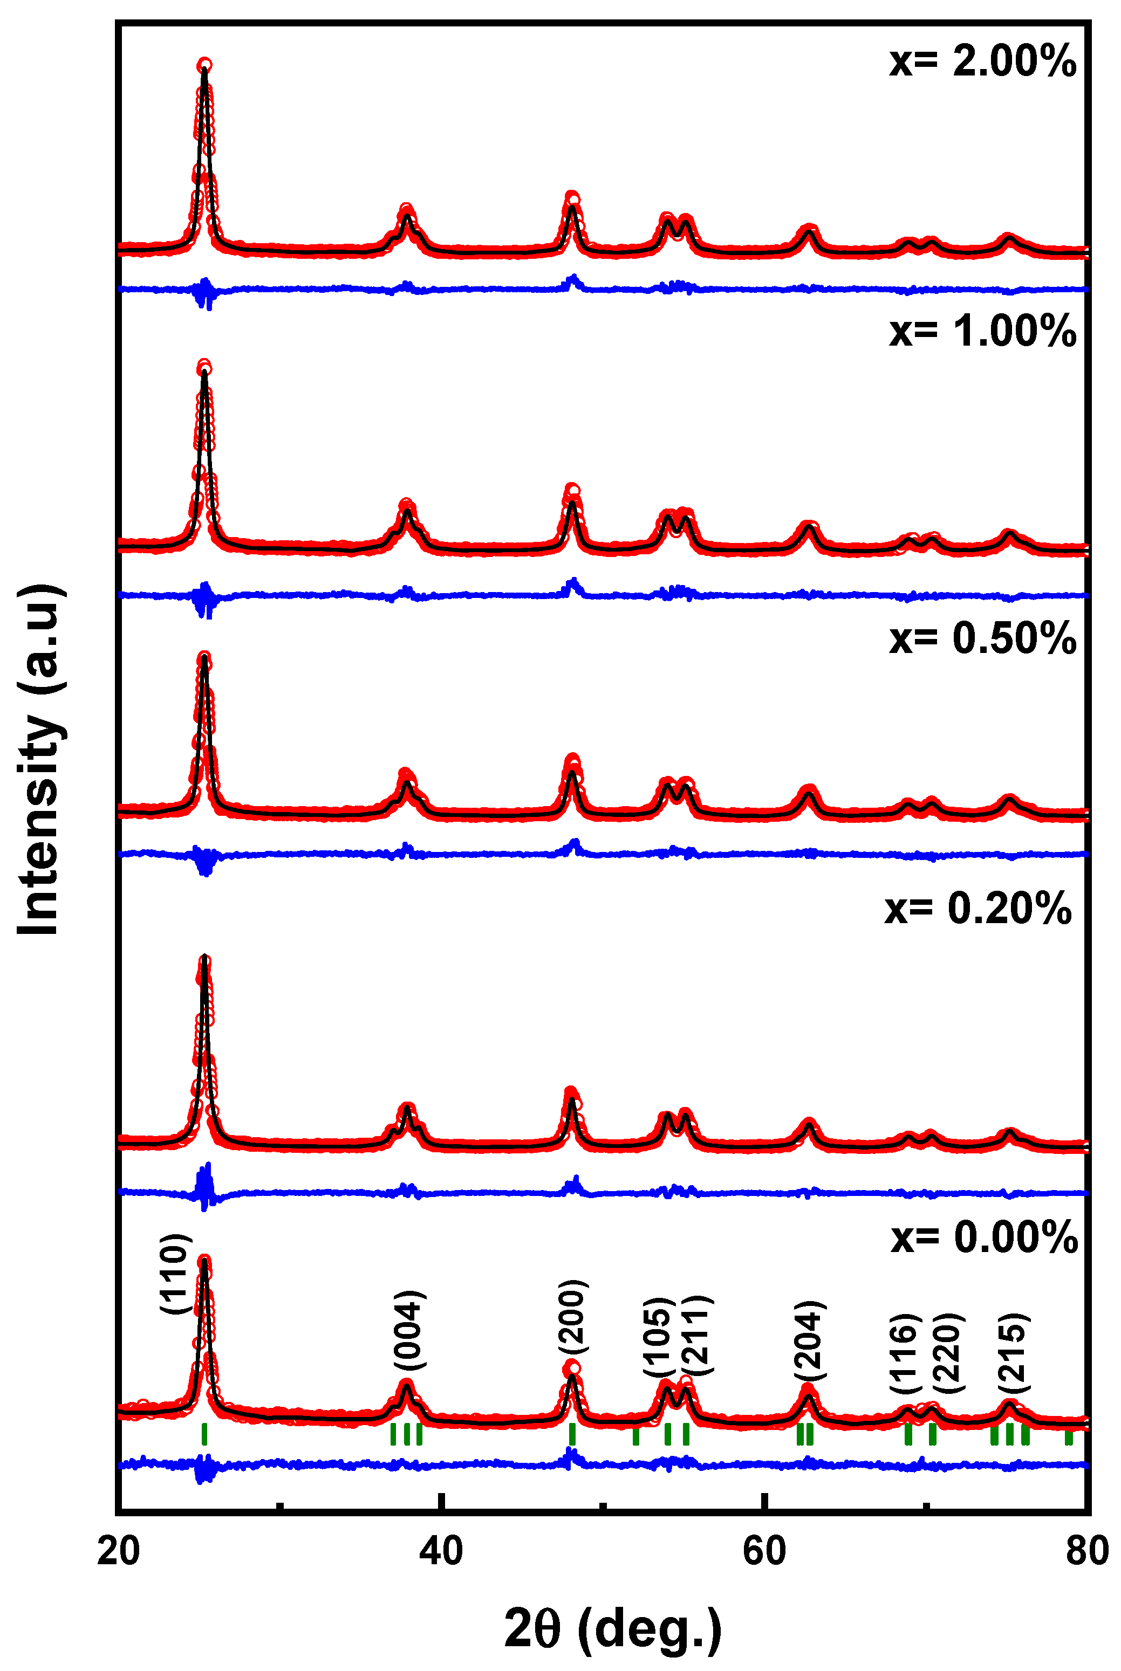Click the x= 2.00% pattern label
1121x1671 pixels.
[982, 61]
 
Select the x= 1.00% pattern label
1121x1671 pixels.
[982, 332]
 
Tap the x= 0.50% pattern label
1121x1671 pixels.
[982, 638]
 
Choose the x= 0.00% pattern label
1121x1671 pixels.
[984, 1237]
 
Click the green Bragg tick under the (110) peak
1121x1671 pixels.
[204, 1434]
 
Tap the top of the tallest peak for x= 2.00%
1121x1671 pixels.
[204, 66]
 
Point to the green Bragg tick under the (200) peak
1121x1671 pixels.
[572, 1434]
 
